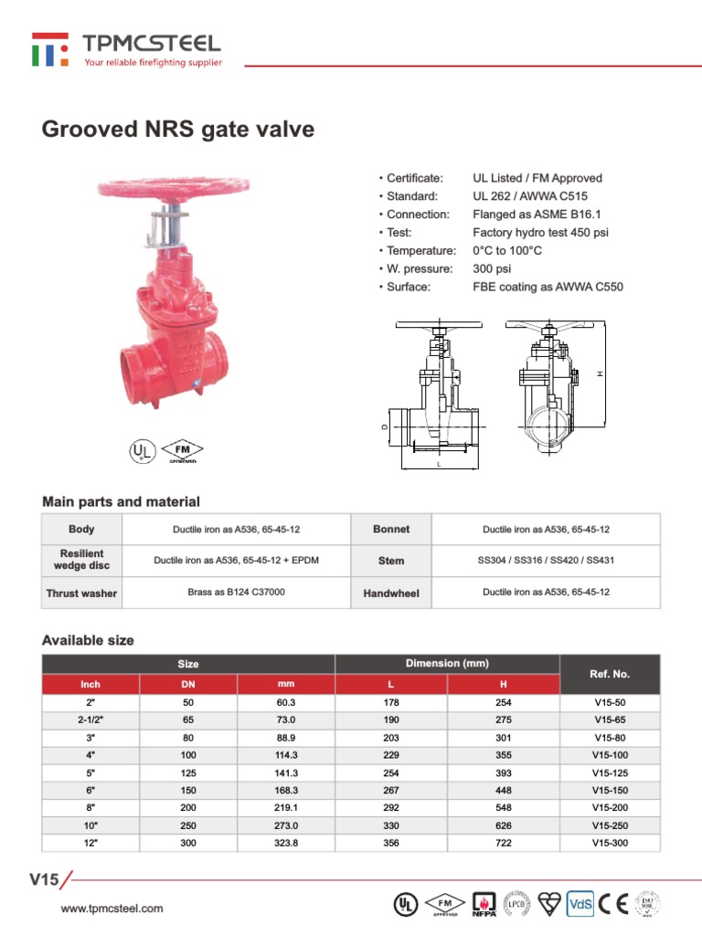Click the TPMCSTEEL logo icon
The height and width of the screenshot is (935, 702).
(x=50, y=49)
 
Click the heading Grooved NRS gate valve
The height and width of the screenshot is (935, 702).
(x=178, y=130)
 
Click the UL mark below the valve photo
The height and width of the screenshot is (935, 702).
(x=141, y=451)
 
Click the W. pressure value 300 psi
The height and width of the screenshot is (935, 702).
(x=492, y=269)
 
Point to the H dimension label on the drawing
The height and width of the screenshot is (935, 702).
(x=601, y=373)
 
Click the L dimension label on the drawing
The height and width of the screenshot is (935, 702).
(x=439, y=465)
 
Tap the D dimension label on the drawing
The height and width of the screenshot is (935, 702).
(x=384, y=426)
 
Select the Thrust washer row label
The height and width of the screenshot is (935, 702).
(x=81, y=594)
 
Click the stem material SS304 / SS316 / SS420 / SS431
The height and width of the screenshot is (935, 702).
(x=547, y=561)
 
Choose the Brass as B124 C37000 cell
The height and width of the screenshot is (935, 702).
(x=236, y=593)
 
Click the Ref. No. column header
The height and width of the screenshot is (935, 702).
(x=609, y=674)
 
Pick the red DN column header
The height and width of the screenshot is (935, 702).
(x=188, y=684)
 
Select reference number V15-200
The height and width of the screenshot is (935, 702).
(x=610, y=807)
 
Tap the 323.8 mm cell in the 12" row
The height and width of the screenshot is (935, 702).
(x=286, y=843)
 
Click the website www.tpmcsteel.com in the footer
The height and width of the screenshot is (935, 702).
(x=112, y=908)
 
